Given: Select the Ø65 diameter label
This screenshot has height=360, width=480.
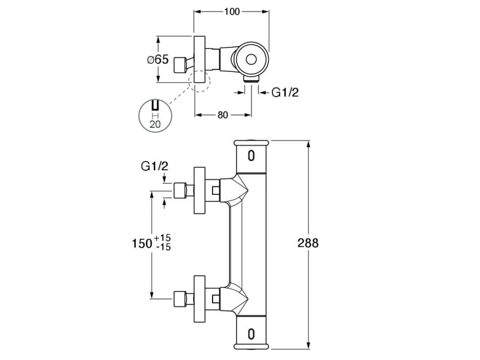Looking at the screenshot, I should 158,59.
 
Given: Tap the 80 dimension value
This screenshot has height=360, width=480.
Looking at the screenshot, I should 223,115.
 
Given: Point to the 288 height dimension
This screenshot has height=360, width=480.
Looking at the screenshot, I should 308,243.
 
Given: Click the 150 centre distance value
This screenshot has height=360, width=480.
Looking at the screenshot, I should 142,244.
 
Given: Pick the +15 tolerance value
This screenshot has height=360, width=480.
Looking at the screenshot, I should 163,238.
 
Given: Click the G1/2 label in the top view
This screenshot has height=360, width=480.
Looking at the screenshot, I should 285,92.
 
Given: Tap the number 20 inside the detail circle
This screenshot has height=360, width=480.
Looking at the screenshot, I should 155,123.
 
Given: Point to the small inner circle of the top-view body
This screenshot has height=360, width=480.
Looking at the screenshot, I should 251,60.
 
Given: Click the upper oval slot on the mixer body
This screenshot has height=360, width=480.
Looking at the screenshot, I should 251,156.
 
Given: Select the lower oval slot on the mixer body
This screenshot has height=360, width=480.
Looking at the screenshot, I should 251,333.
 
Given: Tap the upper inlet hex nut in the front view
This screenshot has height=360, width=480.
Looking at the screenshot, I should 180,191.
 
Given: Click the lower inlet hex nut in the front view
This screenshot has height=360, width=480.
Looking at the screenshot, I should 180,299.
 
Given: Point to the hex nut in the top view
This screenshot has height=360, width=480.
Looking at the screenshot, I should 179,65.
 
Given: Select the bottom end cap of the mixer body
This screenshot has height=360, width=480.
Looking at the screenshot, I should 251,345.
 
